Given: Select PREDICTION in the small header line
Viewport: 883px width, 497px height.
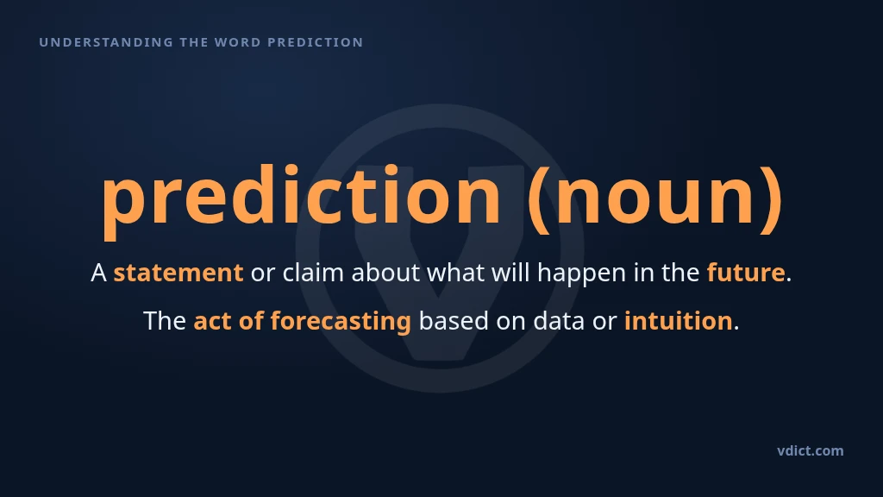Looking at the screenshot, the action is [x=316, y=42].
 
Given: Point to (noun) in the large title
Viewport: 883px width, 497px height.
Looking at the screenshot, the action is [x=655, y=198].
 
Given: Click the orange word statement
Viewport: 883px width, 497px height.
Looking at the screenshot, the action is [x=178, y=273].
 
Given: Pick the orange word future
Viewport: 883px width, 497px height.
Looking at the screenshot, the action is [x=746, y=272].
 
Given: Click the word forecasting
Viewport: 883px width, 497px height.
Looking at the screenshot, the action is [x=341, y=322].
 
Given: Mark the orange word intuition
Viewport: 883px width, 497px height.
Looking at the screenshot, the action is [x=678, y=321].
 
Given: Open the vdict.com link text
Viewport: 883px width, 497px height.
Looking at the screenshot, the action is [x=811, y=450].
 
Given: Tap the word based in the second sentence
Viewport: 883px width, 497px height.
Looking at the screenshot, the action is [x=454, y=321].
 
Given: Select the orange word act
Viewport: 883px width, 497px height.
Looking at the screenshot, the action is [x=212, y=321].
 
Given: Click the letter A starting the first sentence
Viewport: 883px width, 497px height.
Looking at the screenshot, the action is [x=98, y=274].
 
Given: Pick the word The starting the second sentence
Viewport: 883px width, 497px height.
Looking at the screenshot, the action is [x=165, y=321].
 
